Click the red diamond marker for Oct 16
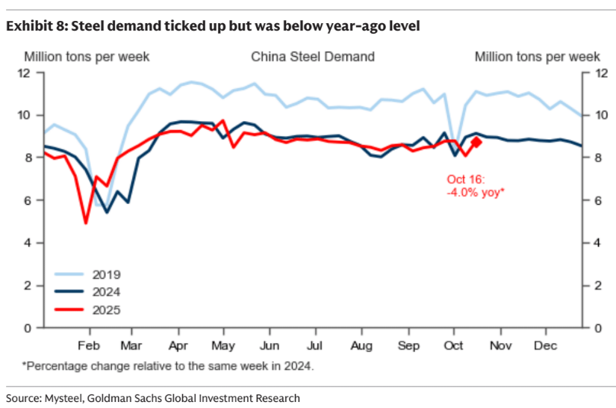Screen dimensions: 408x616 tap(476, 142)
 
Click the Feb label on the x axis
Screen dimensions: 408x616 tap(89, 346)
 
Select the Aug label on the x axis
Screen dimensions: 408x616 tap(361, 346)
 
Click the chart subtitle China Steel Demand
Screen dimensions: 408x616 tap(312, 57)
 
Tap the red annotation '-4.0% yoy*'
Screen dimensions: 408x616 tap(475, 192)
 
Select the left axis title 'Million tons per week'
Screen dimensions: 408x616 tap(87, 57)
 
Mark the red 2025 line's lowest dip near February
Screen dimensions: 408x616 tap(86, 222)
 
